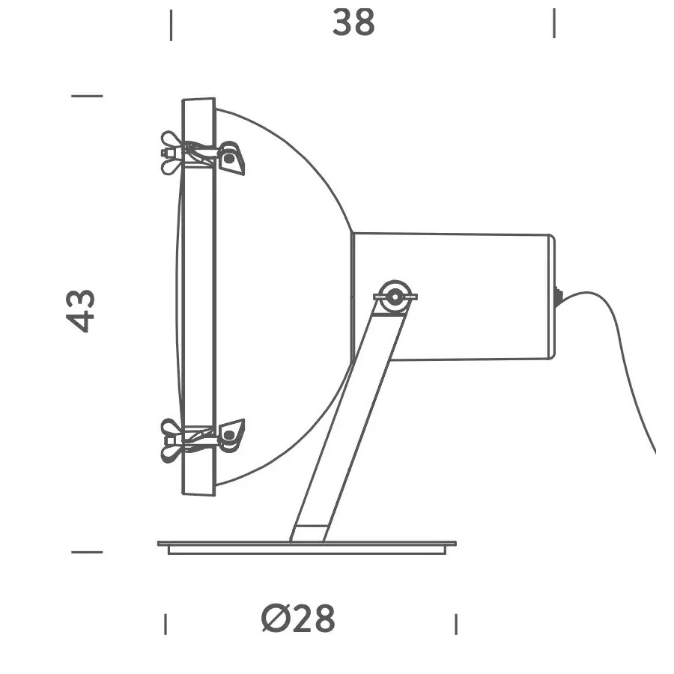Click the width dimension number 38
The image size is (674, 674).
[353, 23]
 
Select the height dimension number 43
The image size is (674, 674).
[81, 310]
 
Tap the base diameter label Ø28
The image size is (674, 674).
[299, 619]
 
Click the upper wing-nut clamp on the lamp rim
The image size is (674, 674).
[202, 154]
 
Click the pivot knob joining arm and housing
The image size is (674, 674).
[394, 297]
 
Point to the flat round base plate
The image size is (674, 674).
[306, 547]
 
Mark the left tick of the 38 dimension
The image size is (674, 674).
[171, 25]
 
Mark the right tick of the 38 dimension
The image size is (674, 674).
[554, 23]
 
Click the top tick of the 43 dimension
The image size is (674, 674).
[87, 96]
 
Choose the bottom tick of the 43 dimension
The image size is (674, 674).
[87, 553]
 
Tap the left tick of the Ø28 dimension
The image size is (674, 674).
[165, 624]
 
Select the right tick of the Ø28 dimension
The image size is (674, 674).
[456, 624]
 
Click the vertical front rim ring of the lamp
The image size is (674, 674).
[198, 300]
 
